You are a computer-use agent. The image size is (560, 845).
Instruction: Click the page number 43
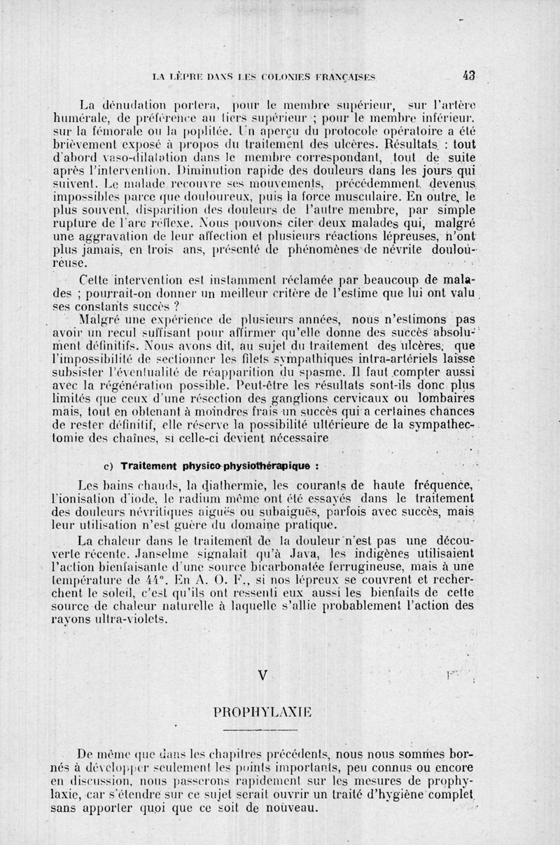469,77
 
